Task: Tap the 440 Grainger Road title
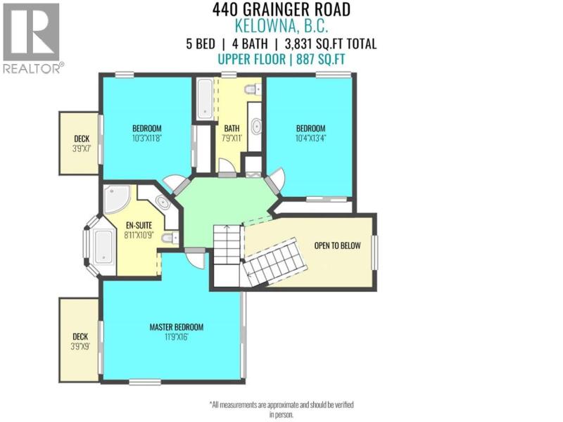[281, 9]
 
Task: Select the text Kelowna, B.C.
[281, 26]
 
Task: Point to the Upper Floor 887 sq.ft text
[281, 59]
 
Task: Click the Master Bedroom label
[177, 327]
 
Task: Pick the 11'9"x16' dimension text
[177, 337]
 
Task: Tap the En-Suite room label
[139, 225]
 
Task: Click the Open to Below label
[337, 245]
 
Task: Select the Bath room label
[232, 128]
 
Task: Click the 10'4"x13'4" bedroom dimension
[310, 138]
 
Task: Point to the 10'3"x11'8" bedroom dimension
[147, 138]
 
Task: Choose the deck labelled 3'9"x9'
[79, 340]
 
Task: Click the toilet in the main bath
[253, 89]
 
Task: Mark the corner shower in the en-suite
[117, 200]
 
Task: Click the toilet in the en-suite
[170, 238]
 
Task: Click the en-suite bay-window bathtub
[103, 245]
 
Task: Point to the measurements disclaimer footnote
[281, 409]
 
